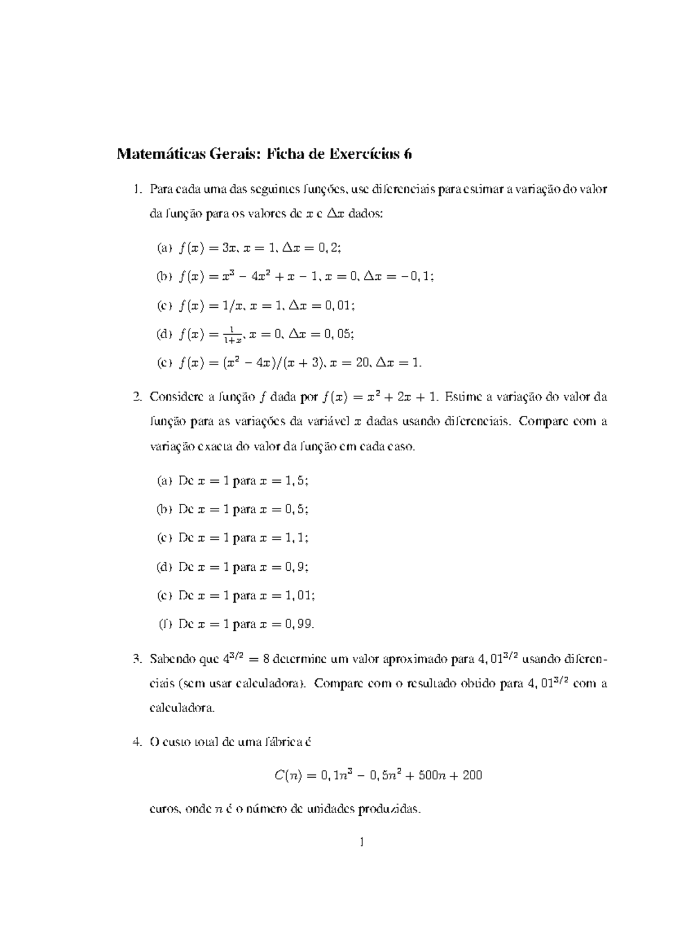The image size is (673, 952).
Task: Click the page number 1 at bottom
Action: point(362,842)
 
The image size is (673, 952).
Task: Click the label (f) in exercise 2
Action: point(165,624)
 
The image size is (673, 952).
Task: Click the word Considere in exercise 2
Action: point(173,398)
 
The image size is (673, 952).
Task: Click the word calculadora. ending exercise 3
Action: point(182,708)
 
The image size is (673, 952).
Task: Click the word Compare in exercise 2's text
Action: point(542,421)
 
